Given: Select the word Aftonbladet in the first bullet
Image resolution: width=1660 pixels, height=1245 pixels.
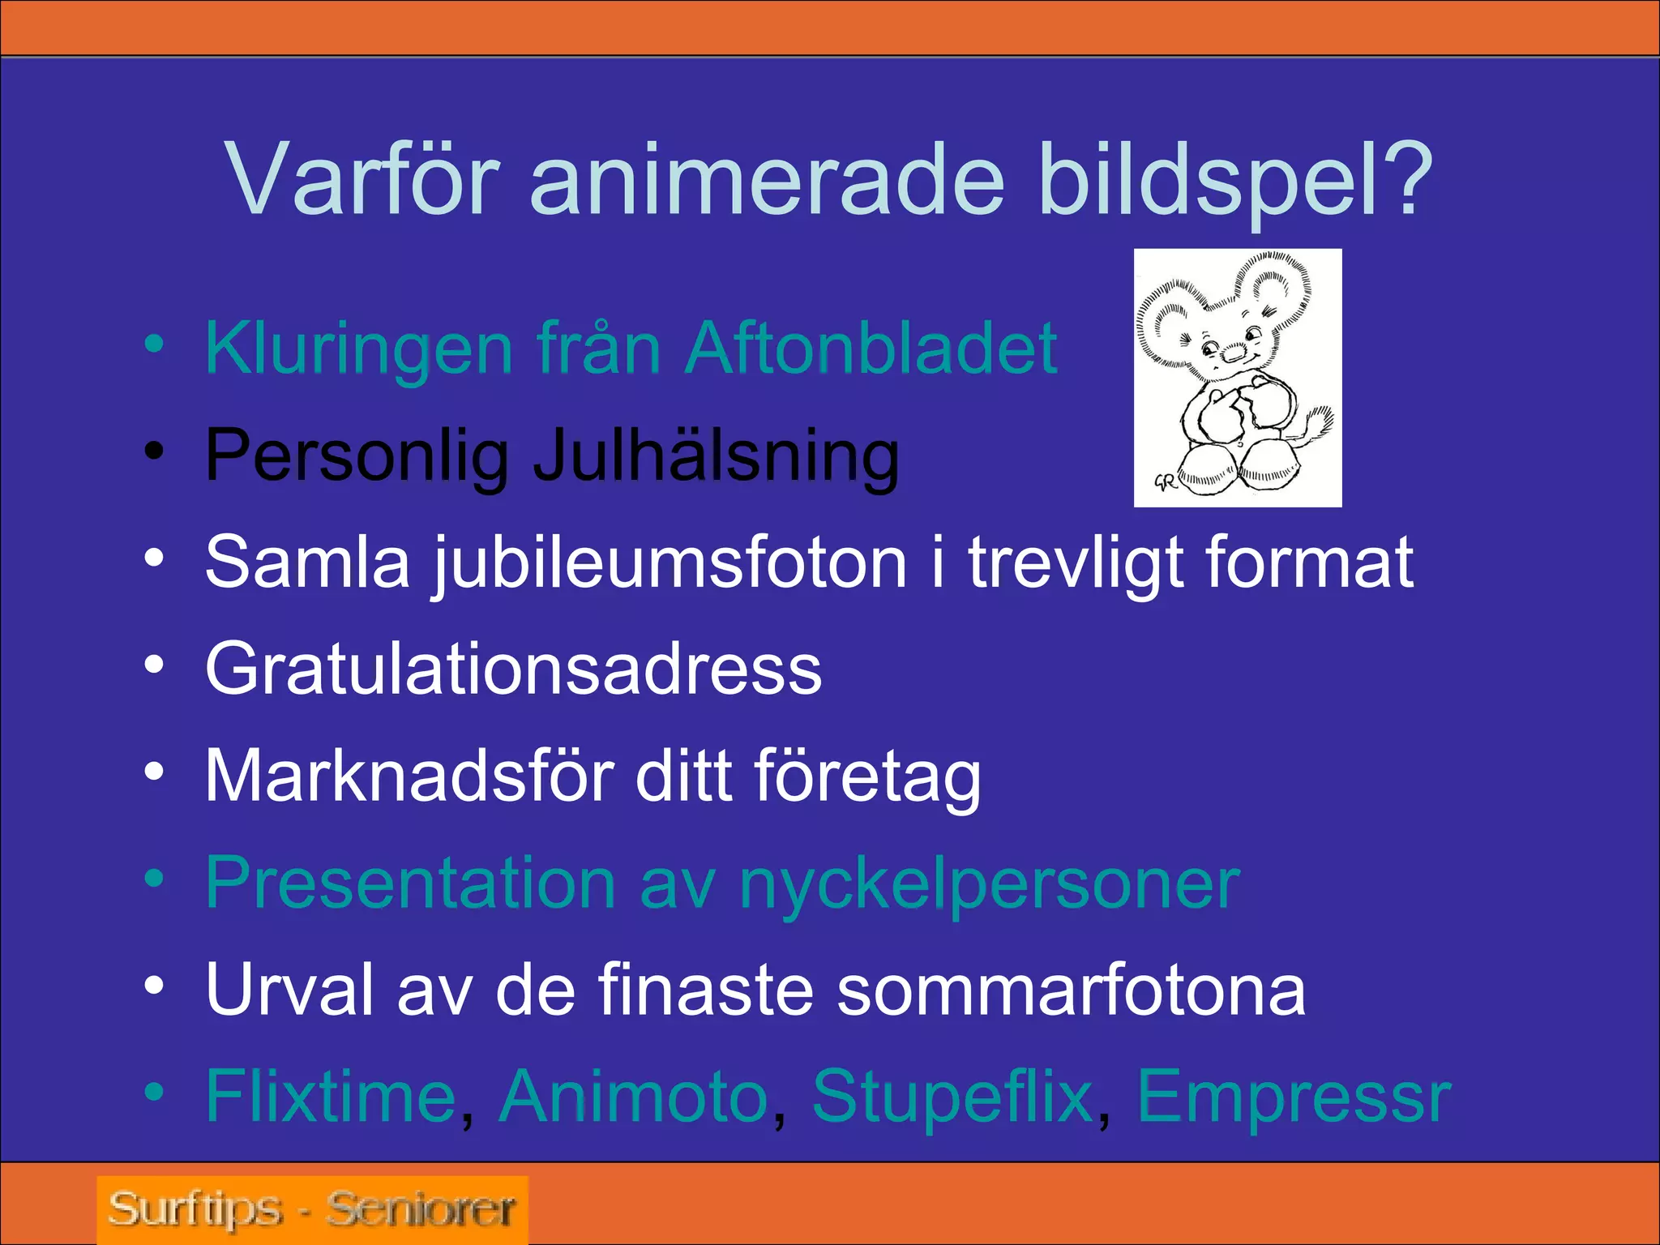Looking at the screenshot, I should [871, 349].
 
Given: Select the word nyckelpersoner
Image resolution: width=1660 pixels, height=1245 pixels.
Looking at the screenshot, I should [989, 883].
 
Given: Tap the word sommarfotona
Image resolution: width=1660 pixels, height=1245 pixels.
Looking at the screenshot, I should [1070, 990].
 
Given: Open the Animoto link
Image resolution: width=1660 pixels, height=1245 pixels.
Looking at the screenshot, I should [633, 1097].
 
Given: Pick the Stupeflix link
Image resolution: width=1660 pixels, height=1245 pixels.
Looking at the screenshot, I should [952, 1097].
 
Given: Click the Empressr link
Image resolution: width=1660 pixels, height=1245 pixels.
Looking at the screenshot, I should [1294, 1097].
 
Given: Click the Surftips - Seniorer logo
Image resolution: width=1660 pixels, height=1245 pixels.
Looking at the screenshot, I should [312, 1210].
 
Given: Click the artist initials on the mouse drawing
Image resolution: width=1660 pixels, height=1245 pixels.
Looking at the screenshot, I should [1165, 481].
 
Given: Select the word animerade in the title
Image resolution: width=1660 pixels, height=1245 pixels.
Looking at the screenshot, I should [767, 180].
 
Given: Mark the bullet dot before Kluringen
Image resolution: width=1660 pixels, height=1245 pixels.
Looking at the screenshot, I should [154, 344].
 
